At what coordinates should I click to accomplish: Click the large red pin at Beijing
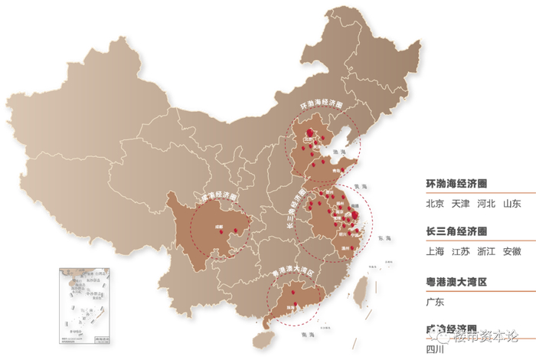coord(310,133)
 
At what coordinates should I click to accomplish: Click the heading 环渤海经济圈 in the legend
coord(457,185)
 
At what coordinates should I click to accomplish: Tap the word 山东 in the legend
coord(511,204)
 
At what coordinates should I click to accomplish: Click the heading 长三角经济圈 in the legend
coord(457,231)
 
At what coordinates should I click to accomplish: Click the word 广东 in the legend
coord(435,302)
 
